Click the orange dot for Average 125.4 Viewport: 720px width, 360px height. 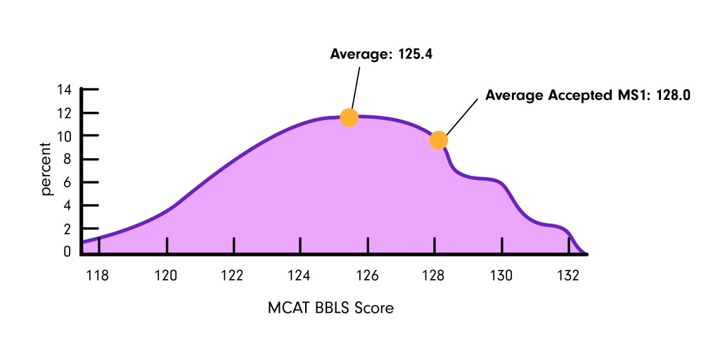tap(349, 117)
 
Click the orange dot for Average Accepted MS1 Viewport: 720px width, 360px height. tap(438, 141)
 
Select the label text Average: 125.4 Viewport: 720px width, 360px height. tap(380, 53)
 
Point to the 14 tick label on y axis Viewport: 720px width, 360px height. tap(65, 90)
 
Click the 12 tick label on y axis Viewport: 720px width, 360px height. tap(65, 113)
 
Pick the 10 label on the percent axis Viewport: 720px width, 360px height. tap(65, 136)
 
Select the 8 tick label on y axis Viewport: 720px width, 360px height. tap(67, 159)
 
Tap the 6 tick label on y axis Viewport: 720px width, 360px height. tap(67, 182)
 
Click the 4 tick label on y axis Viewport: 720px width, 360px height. tap(67, 205)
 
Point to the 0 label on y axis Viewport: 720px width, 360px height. tap(67, 251)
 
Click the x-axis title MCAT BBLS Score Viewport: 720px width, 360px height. tap(330, 308)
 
